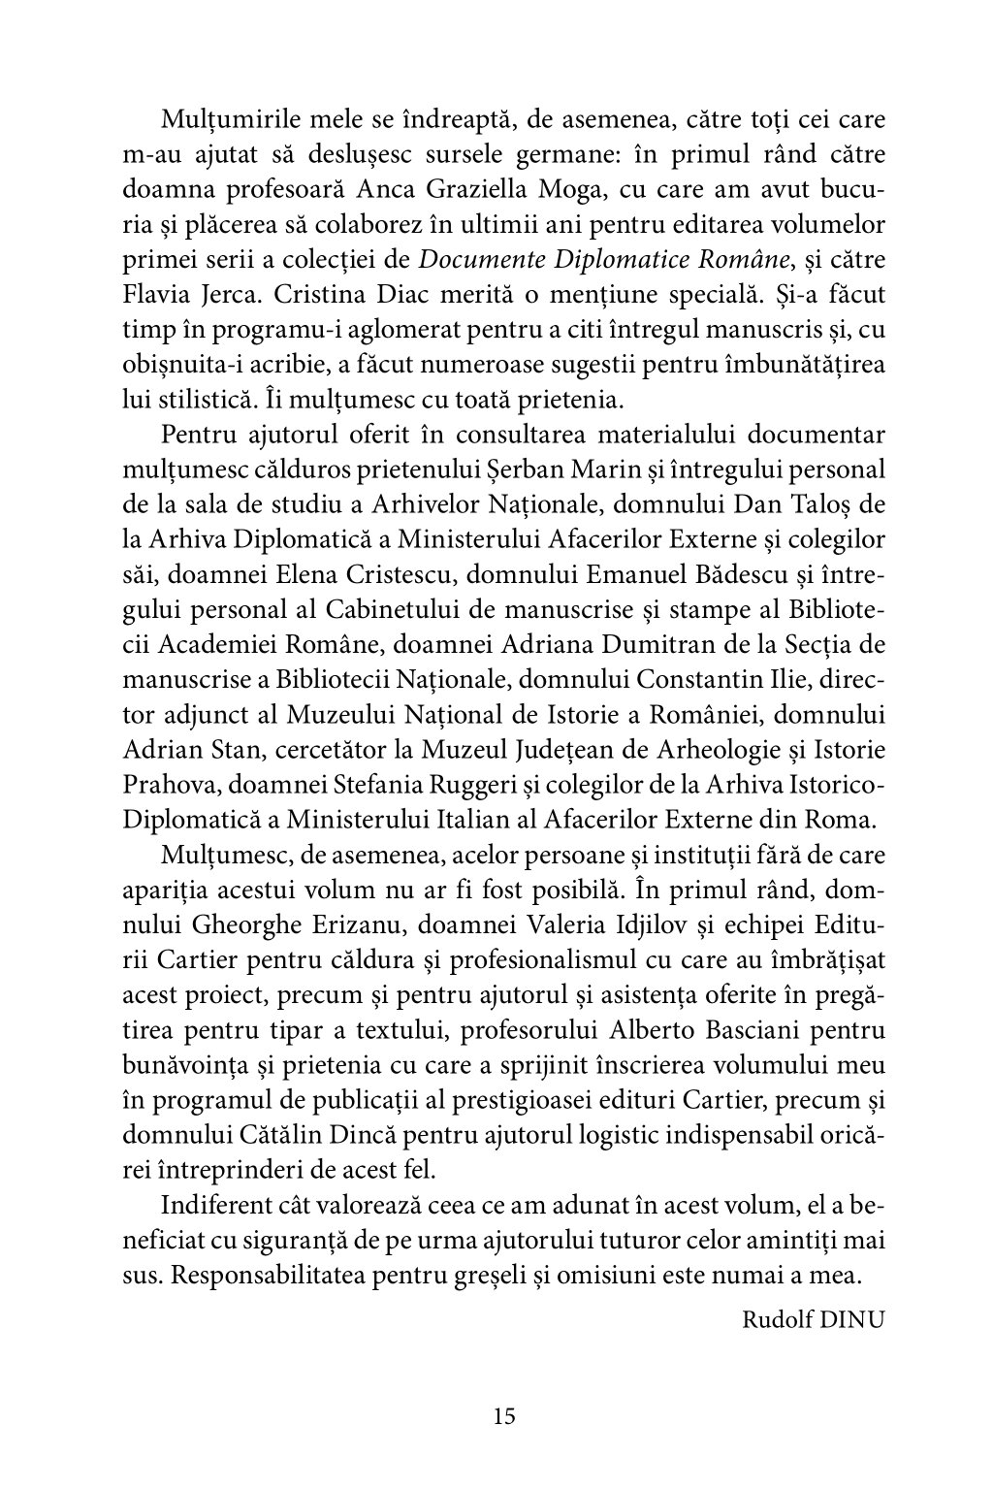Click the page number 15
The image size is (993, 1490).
point(503,1415)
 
